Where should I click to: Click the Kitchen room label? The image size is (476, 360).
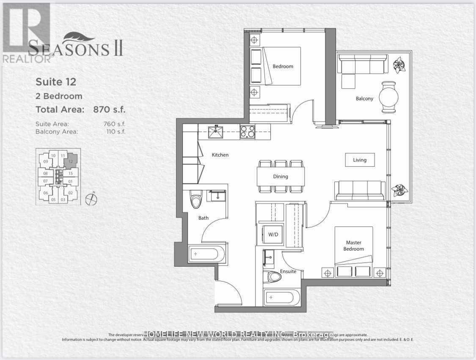(220, 155)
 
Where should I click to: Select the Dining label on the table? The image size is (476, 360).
(281, 177)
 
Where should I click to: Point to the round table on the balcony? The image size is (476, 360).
(388, 97)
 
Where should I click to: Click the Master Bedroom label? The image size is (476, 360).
(354, 246)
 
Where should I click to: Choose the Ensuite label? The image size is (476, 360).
(288, 271)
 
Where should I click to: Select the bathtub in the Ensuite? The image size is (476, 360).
(281, 299)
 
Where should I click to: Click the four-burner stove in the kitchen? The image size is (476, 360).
(248, 132)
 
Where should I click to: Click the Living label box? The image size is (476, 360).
(360, 160)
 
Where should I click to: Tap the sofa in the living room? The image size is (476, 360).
(360, 190)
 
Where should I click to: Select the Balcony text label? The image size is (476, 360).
(364, 99)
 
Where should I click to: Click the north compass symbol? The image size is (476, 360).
(91, 199)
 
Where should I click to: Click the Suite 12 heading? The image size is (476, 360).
(56, 81)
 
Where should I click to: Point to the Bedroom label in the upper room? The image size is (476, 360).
(283, 66)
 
